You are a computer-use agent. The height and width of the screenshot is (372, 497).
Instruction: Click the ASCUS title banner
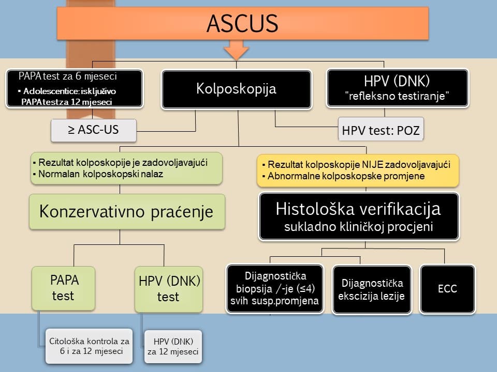242,24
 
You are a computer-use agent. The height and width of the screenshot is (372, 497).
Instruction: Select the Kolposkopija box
236,89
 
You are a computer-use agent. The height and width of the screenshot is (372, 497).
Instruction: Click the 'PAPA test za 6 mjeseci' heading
67,76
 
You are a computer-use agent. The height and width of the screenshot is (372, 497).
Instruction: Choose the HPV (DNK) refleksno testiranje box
397,88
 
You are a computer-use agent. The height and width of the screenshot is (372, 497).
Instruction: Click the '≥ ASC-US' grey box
93,130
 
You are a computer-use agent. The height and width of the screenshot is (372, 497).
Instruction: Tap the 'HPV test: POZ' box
381,131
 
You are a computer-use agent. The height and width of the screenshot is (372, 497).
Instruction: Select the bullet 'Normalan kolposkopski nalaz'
100,174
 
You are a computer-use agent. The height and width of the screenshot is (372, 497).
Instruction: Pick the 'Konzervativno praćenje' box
127,212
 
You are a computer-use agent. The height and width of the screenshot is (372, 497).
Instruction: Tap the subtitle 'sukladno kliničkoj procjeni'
358,228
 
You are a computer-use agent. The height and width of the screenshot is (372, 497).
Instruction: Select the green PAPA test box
64,288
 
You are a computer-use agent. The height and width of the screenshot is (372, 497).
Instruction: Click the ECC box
447,288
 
